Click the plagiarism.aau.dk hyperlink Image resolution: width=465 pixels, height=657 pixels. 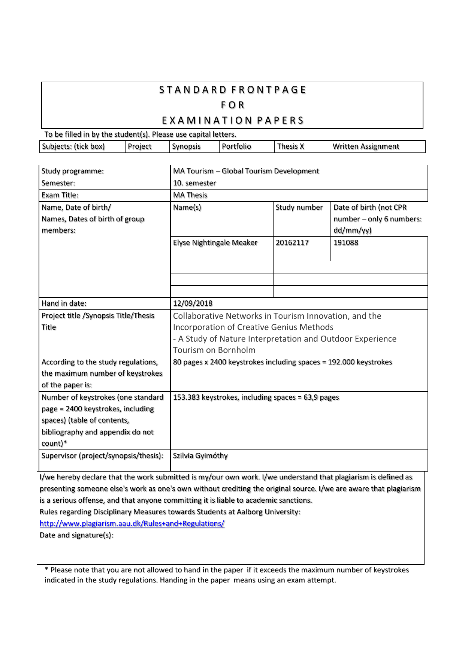[132, 524]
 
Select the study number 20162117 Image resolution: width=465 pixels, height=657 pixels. [292, 243]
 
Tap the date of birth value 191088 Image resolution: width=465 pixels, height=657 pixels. [346, 243]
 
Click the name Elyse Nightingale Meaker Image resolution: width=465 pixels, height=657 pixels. [215, 243]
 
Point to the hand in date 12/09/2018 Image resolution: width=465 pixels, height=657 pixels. [193, 303]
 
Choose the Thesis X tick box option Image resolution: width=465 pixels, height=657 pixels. [290, 146]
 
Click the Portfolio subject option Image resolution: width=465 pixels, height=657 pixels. [236, 146]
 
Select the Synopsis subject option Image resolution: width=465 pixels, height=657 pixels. [186, 146]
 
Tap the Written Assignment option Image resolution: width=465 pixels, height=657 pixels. [366, 146]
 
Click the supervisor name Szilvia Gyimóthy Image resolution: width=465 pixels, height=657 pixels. [200, 456]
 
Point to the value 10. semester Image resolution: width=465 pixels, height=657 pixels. [194, 183]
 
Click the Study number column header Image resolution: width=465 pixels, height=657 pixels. [299, 208]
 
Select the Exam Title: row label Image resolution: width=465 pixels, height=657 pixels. [60, 195]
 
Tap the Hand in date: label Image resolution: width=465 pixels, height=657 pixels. [64, 303]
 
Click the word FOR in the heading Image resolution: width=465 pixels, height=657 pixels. [232, 105]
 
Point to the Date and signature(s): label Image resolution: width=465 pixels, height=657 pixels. [76, 535]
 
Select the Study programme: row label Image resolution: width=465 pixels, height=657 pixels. [73, 171]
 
